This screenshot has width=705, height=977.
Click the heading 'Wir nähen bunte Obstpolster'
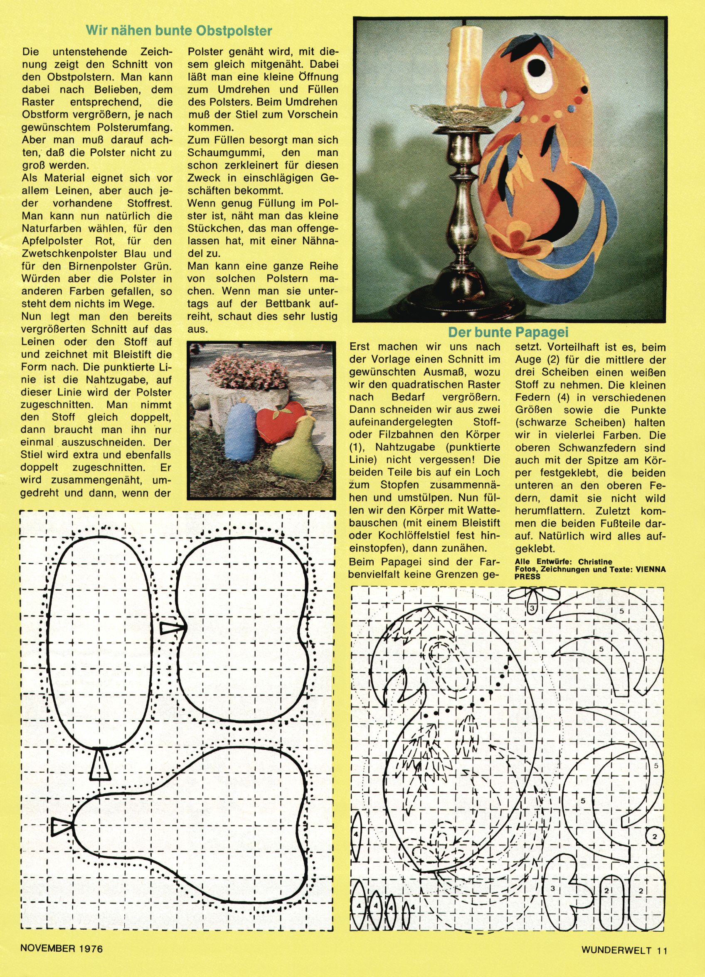click(x=179, y=31)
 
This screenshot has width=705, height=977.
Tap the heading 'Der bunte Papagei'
click(x=508, y=333)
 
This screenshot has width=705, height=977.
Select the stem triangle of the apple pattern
click(x=170, y=628)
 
